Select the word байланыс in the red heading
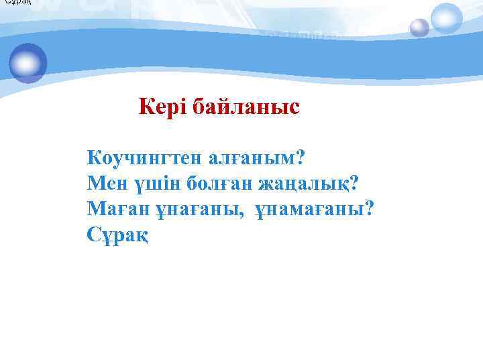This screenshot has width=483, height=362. pos(246,107)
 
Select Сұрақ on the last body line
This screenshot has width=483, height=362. pos(118,235)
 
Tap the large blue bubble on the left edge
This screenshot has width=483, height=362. pos(28,63)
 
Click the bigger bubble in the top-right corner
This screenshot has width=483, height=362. pos(447,18)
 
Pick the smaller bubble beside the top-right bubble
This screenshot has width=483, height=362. pos(419,28)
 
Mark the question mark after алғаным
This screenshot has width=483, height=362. pos(300,158)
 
